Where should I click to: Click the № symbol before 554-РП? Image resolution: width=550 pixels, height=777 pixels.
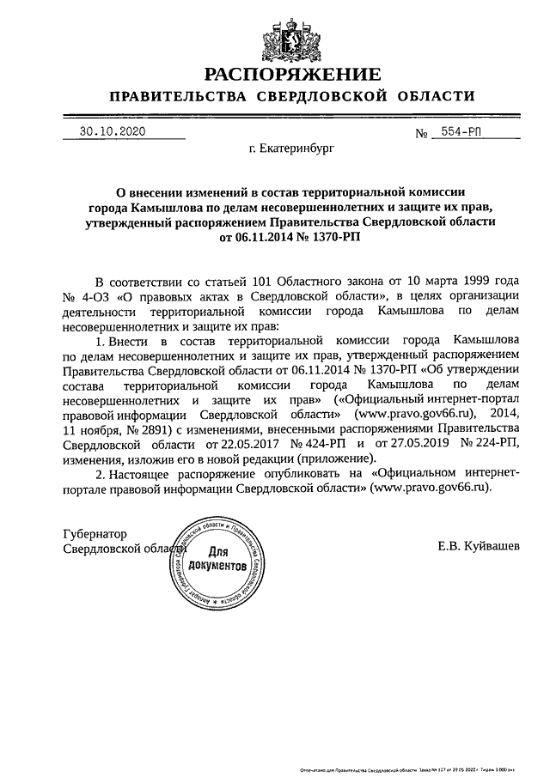[422, 135]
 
